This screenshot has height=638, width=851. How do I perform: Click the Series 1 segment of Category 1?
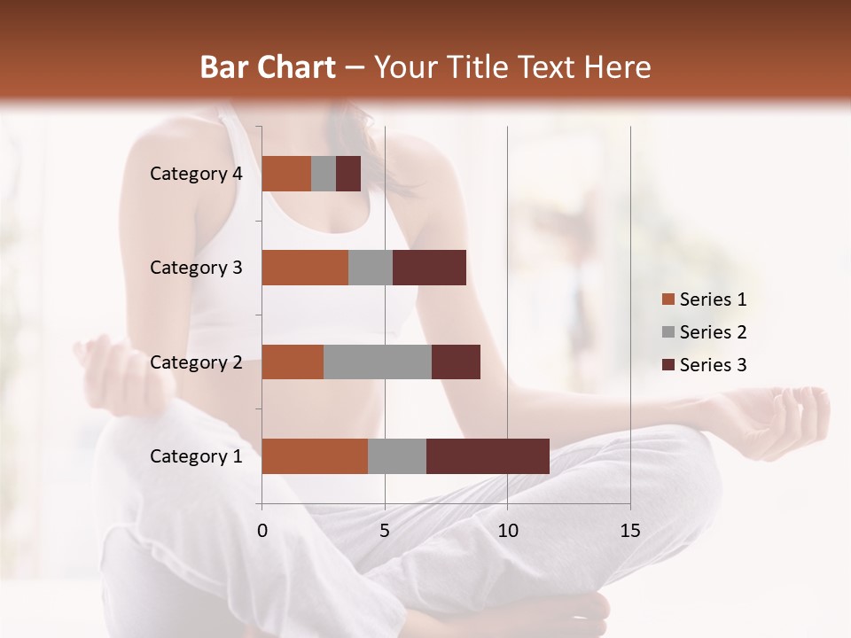coord(315,456)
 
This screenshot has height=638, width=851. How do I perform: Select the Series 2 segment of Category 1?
coord(397,456)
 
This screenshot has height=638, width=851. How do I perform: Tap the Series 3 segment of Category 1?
coord(488,456)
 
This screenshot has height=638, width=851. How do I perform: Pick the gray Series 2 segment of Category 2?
coord(378,362)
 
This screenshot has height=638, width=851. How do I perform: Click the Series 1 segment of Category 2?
coord(293,362)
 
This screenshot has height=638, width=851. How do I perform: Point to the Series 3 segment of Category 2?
coord(456,362)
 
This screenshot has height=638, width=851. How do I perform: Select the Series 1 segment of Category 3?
coord(305,268)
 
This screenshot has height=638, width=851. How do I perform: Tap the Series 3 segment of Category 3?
coord(429,268)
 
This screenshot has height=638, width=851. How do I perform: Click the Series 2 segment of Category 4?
coord(324,174)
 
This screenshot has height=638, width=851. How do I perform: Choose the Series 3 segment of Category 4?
coord(348,174)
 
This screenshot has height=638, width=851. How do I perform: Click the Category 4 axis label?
coord(196,174)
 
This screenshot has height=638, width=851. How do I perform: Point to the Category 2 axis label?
coord(196,362)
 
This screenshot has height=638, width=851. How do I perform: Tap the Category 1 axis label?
coord(196,456)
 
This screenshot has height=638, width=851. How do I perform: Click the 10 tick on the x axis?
coord(507,531)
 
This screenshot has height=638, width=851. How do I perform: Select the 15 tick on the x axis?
coord(630,531)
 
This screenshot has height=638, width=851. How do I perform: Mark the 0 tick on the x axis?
coord(262,531)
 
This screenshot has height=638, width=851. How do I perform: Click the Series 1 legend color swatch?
coord(668,300)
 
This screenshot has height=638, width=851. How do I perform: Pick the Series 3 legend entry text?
coord(713,365)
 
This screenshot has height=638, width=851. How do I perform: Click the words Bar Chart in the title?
coord(268,67)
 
